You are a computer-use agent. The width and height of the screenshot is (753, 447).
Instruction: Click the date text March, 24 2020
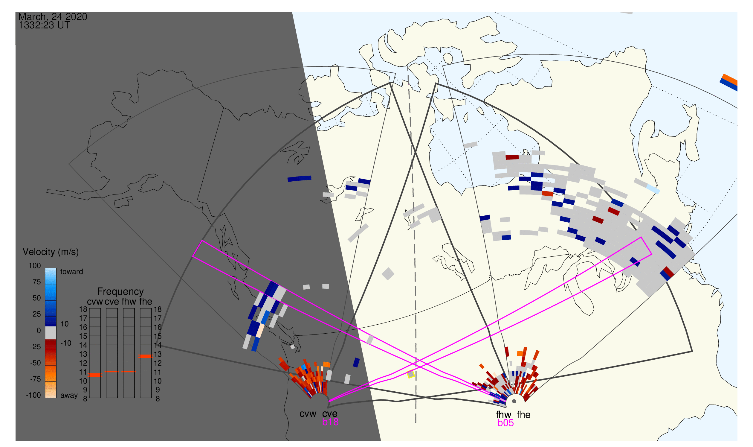tap(53, 16)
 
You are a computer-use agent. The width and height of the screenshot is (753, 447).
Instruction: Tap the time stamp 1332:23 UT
tap(44, 25)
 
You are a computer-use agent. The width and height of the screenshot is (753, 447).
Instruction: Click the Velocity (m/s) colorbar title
tap(51, 252)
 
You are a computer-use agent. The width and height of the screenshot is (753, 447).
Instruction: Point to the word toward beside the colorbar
tap(72, 272)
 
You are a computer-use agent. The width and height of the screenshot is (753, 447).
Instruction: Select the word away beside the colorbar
tap(69, 396)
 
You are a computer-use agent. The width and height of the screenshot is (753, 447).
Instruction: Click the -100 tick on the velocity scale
tap(33, 395)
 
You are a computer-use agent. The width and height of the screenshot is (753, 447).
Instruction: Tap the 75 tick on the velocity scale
tap(36, 282)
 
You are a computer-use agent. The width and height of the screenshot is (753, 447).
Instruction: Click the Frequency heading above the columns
tap(120, 292)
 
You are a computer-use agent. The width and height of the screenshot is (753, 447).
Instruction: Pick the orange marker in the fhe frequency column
tap(146, 356)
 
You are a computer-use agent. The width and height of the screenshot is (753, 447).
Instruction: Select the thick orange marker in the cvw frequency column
tap(95, 375)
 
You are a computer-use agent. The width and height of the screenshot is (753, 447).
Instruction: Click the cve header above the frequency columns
tap(112, 302)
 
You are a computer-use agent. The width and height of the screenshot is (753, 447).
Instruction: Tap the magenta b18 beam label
tap(330, 422)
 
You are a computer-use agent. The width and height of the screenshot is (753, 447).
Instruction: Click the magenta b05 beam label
tap(505, 423)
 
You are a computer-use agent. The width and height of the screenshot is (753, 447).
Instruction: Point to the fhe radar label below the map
tap(524, 415)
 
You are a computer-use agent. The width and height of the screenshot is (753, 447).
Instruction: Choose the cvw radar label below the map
tap(308, 414)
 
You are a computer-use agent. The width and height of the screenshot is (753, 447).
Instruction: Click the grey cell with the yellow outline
tap(411, 374)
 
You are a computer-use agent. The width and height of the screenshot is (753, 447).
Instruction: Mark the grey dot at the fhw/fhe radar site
tap(514, 401)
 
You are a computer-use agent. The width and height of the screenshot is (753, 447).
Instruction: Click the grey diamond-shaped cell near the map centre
tap(388, 274)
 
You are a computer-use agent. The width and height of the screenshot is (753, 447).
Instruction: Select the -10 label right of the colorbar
tap(65, 343)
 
